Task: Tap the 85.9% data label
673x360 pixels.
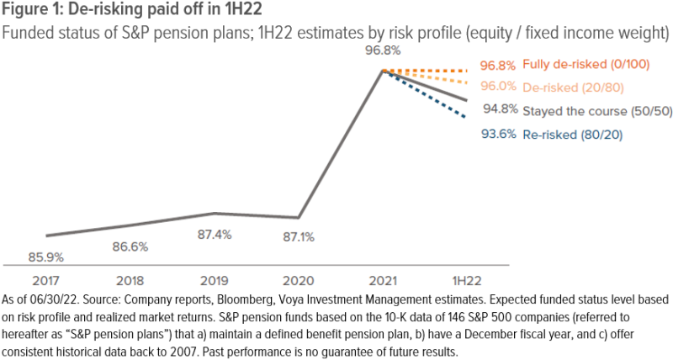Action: click(x=46, y=257)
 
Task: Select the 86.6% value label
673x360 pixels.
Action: click(x=130, y=247)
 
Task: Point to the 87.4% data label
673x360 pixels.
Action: click(x=215, y=234)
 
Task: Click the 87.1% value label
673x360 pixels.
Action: click(x=299, y=238)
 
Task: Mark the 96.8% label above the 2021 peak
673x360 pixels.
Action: click(x=383, y=50)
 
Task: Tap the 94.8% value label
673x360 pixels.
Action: click(x=500, y=110)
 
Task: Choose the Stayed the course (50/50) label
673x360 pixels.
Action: click(x=597, y=110)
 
